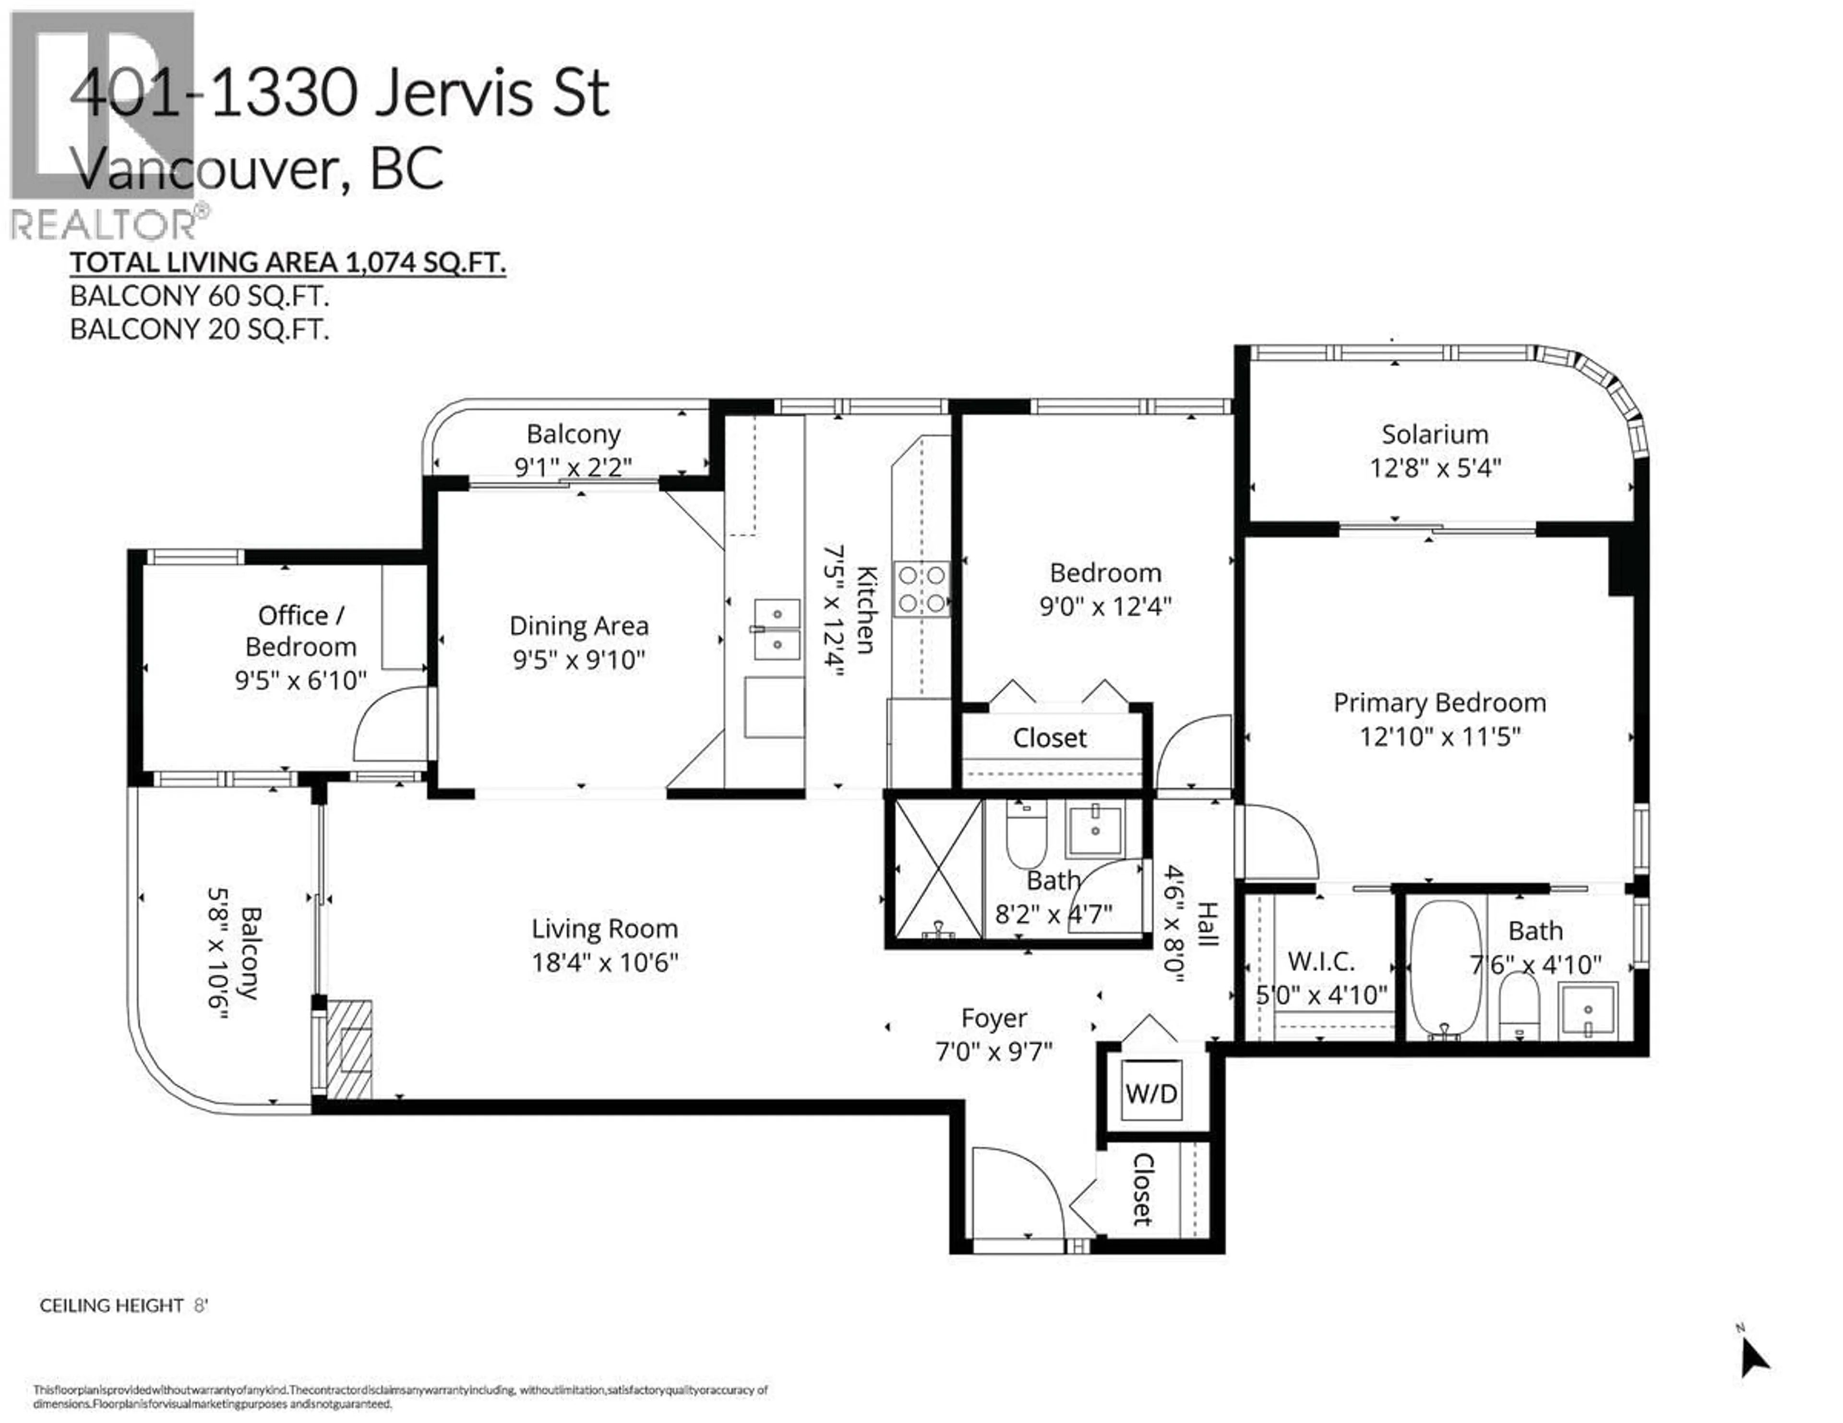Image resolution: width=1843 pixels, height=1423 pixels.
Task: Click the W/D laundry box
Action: [1151, 1093]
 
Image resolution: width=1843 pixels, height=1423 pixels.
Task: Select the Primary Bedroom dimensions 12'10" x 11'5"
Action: [1440, 736]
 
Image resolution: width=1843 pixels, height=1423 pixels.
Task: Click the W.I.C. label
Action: [1321, 961]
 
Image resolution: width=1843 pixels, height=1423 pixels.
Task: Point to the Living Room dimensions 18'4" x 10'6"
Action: [604, 962]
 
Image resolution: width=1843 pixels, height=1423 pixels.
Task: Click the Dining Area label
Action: [579, 626]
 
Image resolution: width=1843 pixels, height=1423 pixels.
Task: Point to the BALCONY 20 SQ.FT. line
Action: [199, 329]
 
